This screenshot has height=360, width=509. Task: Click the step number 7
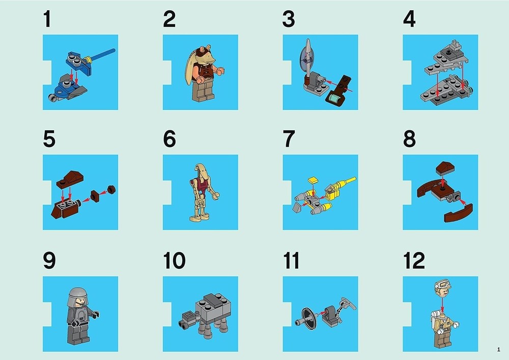click(289, 139)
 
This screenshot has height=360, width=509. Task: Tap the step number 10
click(174, 260)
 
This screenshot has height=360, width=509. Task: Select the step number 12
click(414, 260)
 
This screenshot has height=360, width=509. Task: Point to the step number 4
click(409, 19)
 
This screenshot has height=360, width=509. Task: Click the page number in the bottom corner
click(499, 350)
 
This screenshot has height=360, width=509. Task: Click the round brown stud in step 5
click(111, 189)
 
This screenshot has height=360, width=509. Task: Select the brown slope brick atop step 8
click(445, 168)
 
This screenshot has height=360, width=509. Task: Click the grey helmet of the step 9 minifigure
click(77, 296)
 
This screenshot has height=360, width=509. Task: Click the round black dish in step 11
click(308, 317)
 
